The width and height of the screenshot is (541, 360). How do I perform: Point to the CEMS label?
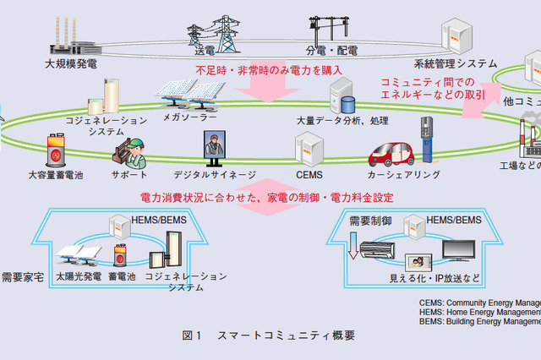tap(309, 175)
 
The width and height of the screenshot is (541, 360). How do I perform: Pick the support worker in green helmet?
tap(132, 151)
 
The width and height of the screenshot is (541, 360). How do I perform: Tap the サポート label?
tap(129, 175)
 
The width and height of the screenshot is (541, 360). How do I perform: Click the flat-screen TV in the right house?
tap(458, 251)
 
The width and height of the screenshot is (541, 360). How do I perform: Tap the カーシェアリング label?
tap(403, 175)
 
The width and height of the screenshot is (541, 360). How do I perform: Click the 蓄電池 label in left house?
tap(122, 276)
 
